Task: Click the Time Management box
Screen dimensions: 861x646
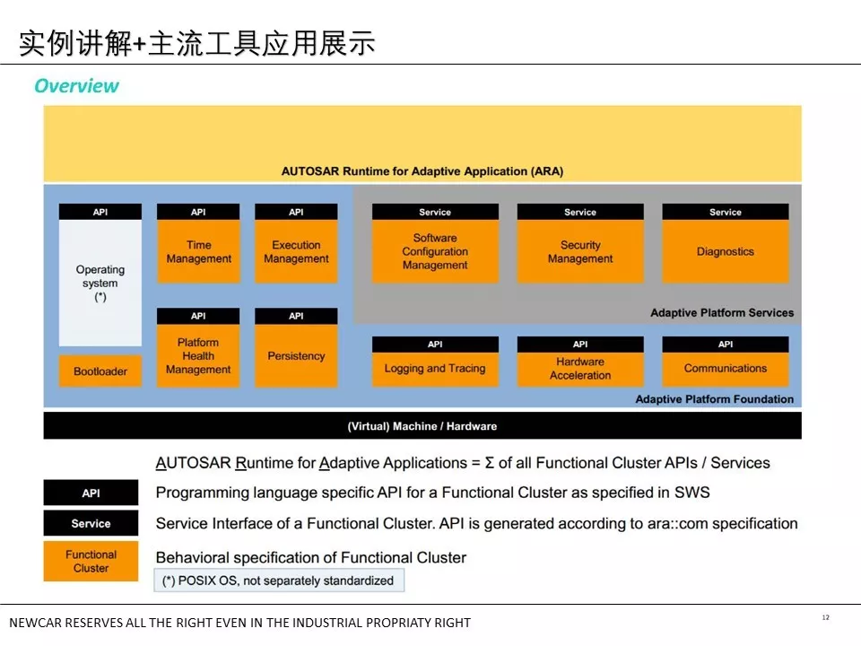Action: pyautogui.click(x=198, y=251)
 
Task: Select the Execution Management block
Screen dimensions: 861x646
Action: pyautogui.click(x=296, y=251)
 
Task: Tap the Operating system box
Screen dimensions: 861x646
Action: pyautogui.click(x=100, y=283)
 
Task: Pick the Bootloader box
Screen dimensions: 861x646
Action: pyautogui.click(x=100, y=371)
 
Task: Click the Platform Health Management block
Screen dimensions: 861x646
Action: pyautogui.click(x=198, y=356)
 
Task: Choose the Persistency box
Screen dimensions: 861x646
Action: pyautogui.click(x=296, y=356)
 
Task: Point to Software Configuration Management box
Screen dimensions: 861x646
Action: pyautogui.click(x=436, y=251)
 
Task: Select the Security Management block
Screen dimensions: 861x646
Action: pyautogui.click(x=580, y=251)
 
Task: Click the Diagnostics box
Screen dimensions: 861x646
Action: pyautogui.click(x=726, y=251)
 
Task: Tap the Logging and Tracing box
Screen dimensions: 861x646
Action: pyautogui.click(x=436, y=369)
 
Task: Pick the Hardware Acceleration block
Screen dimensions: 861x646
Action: pyautogui.click(x=580, y=369)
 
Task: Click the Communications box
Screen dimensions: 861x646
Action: pyautogui.click(x=726, y=369)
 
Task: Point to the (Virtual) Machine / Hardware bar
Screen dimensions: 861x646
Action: pyautogui.click(x=422, y=425)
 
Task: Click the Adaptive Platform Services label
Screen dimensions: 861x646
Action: pyautogui.click(x=722, y=312)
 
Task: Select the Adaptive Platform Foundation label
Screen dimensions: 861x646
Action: pyautogui.click(x=715, y=398)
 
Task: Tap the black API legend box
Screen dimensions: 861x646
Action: pyautogui.click(x=91, y=493)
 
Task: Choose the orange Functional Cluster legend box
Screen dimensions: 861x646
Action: pyautogui.click(x=91, y=561)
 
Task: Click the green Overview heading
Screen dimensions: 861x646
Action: pyautogui.click(x=76, y=86)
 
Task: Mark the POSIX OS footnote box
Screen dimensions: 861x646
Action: pyautogui.click(x=279, y=581)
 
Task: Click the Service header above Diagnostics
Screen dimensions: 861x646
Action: pyautogui.click(x=726, y=212)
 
